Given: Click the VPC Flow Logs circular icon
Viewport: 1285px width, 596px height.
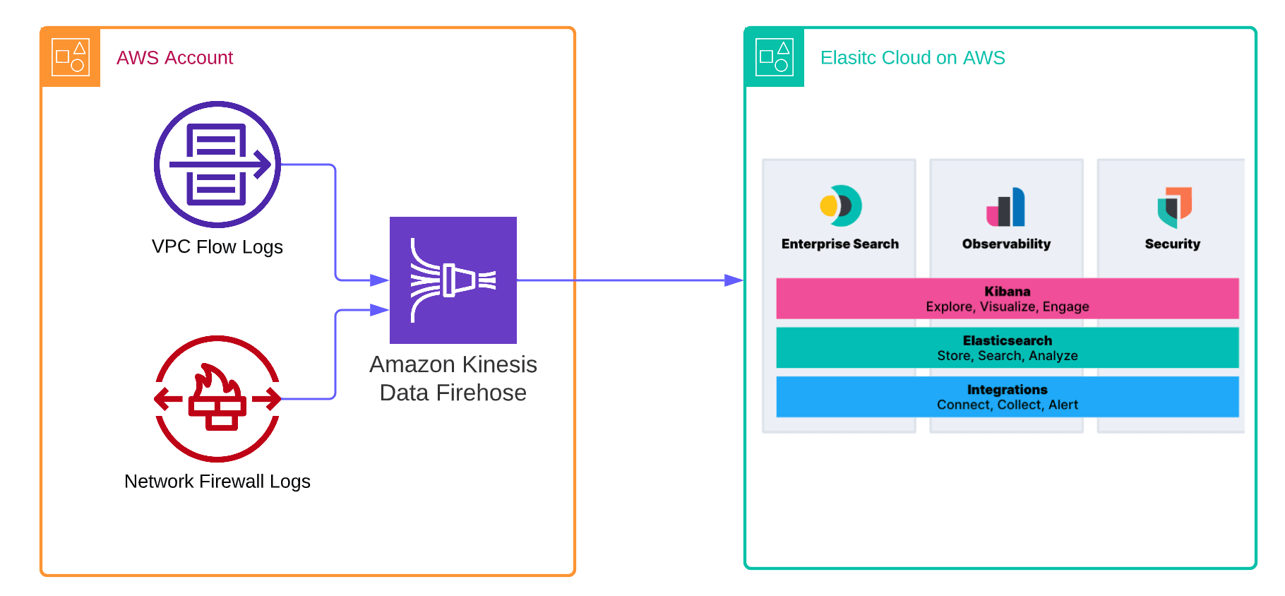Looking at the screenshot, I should [x=217, y=165].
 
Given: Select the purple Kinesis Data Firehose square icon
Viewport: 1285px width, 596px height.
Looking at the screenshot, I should [x=453, y=280].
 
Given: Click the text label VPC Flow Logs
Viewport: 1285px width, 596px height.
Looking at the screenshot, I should [x=217, y=247].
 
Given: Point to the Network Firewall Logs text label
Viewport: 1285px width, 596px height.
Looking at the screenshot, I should [x=217, y=482].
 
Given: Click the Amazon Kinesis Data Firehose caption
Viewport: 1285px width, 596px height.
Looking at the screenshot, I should [x=453, y=379].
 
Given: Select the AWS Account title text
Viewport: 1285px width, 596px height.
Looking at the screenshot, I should [x=174, y=58].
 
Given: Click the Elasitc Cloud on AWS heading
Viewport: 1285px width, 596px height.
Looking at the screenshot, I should [x=912, y=58].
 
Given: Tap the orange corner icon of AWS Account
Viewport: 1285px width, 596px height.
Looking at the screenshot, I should [x=71, y=57].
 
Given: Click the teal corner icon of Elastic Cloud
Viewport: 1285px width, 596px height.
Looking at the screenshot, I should [x=775, y=57].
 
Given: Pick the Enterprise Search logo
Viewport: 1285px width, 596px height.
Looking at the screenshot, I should [x=840, y=205].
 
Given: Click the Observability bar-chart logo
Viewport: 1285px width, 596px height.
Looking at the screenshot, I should [x=1006, y=207].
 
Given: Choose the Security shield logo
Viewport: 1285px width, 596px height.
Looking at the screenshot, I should [x=1173, y=207].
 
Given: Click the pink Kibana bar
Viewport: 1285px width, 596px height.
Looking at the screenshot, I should [x=1008, y=299].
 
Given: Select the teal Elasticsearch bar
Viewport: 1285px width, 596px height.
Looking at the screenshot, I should [x=1008, y=347].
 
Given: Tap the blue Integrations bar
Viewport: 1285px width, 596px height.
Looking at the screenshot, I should [x=1008, y=397].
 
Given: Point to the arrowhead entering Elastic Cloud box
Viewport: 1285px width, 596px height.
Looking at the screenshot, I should [x=734, y=280].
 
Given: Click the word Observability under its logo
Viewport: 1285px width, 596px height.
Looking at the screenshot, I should [x=1006, y=244].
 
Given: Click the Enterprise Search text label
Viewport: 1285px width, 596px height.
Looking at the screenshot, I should [x=840, y=244].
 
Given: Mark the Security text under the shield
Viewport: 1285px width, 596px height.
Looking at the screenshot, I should [x=1173, y=244].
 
